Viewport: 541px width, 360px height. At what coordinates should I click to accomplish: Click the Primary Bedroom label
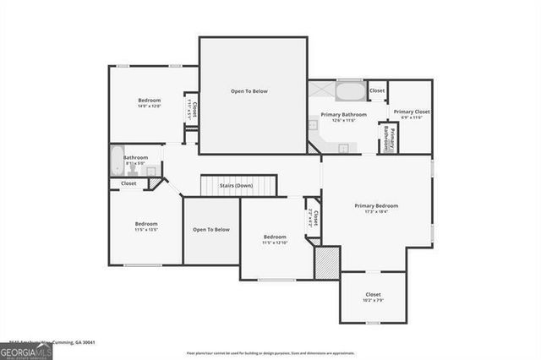[x=376, y=205]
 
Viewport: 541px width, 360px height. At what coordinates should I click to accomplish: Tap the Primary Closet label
[x=411, y=112]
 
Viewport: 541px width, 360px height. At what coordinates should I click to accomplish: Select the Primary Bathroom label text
[x=343, y=114]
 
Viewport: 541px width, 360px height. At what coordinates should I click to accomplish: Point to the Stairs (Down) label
[x=237, y=185]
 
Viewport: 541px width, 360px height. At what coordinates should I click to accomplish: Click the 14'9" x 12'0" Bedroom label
[x=149, y=101]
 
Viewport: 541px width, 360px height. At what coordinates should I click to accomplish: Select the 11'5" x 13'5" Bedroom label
[x=146, y=224]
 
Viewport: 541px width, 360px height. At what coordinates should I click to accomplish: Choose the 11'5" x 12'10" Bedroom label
[x=275, y=237]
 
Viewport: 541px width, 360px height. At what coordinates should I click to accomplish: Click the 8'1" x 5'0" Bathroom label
[x=135, y=157]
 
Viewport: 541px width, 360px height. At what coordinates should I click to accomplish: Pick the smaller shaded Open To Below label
[x=211, y=229]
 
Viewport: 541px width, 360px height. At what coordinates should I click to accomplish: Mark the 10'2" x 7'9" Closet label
[x=373, y=295]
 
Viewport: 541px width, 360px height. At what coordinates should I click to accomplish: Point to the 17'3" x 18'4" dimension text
[x=376, y=212]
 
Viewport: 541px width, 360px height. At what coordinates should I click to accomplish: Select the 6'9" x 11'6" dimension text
[x=411, y=118]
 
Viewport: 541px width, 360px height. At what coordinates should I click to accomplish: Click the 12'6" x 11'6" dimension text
[x=343, y=120]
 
